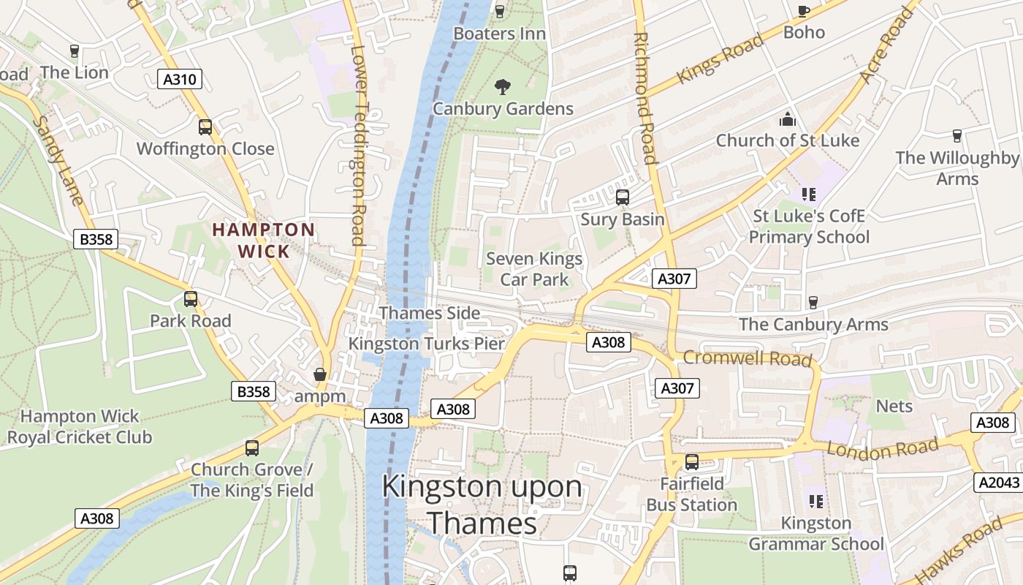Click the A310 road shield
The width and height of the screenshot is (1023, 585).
pos(180,79)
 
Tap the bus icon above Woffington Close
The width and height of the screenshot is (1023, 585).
pos(205,127)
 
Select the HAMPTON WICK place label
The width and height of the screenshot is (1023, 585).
pos(263,240)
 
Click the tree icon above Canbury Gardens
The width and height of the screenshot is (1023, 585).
pos(502,87)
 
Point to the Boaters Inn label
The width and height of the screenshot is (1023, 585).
pos(500,34)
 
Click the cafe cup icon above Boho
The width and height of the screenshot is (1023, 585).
pos(804,11)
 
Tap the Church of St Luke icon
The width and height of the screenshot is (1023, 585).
pos(788,118)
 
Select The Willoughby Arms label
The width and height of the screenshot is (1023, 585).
pos(957,167)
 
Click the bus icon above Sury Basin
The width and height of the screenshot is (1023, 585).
pos(623,197)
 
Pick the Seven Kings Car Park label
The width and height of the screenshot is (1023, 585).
pos(534,268)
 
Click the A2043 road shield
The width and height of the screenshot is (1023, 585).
pos(997,482)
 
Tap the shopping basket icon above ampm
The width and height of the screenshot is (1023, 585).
pos(319,374)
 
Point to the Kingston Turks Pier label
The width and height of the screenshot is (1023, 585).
pos(427,343)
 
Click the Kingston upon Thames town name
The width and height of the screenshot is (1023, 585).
pos(482,505)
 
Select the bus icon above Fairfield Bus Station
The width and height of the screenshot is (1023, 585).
pos(691,461)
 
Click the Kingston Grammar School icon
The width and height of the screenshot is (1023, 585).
pos(816,501)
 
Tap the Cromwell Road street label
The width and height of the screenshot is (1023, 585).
pos(748,358)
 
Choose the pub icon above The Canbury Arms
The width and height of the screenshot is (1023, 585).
pos(813,302)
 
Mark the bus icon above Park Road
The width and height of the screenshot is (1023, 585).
pos(191,298)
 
